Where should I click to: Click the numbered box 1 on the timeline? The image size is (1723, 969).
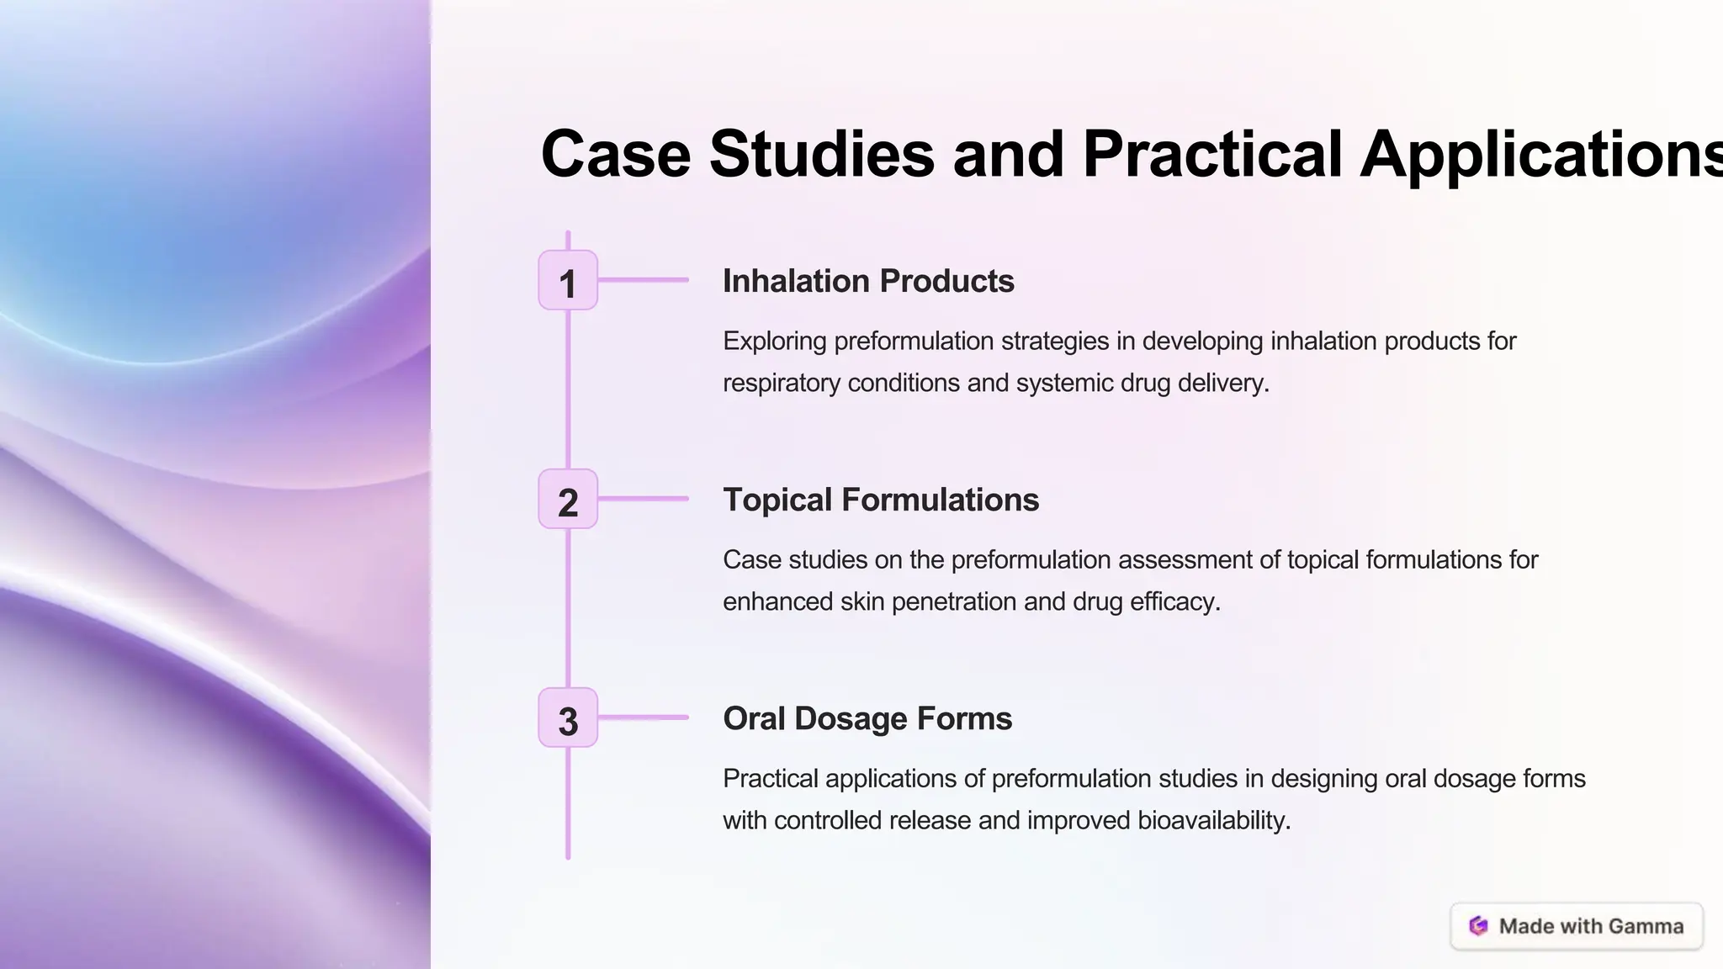[x=568, y=280]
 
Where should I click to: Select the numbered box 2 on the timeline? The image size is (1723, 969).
[x=568, y=500]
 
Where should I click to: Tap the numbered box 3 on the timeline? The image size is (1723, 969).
[x=568, y=718]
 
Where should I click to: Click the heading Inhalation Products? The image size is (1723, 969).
[x=868, y=281]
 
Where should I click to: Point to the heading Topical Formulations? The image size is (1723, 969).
[x=881, y=500]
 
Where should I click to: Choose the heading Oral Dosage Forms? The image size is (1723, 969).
[x=867, y=718]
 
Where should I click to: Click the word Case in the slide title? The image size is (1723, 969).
[x=616, y=154]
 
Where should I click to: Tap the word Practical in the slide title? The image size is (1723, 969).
[x=1212, y=154]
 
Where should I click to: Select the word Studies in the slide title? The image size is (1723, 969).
[x=822, y=154]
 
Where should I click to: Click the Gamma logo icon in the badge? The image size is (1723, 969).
[x=1478, y=926]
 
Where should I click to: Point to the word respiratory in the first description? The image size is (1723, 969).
[x=782, y=384]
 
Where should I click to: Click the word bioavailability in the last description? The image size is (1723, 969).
[x=1214, y=821]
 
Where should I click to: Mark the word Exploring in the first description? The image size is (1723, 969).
[x=775, y=342]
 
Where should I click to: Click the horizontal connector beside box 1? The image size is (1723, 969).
[x=644, y=280]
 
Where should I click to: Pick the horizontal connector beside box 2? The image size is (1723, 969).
[x=644, y=499]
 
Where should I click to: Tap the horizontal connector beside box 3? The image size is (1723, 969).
[x=644, y=717]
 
